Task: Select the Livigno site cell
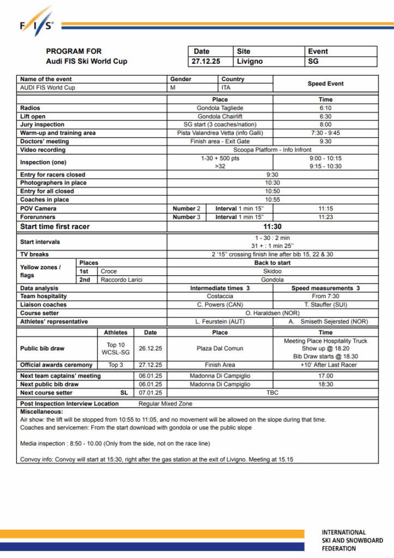click(x=250, y=62)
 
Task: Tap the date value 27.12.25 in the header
click(x=206, y=62)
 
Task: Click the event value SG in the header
click(x=313, y=62)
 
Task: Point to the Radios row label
click(x=30, y=108)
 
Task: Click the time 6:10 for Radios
click(x=325, y=108)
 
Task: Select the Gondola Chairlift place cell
click(x=220, y=117)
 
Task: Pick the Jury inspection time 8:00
click(x=325, y=125)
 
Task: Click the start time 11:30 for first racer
click(x=272, y=227)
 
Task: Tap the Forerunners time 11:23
click(x=325, y=217)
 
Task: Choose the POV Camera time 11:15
click(x=325, y=209)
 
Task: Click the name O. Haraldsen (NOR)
click(x=272, y=313)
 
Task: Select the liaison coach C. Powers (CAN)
click(x=220, y=305)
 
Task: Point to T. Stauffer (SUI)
click(x=325, y=305)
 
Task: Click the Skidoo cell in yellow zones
click(x=272, y=271)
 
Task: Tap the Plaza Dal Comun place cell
click(x=220, y=348)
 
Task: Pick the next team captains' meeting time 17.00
click(x=325, y=376)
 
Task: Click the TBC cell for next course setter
click(x=272, y=392)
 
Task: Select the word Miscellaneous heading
click(x=41, y=412)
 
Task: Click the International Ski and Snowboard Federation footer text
click(x=351, y=540)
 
